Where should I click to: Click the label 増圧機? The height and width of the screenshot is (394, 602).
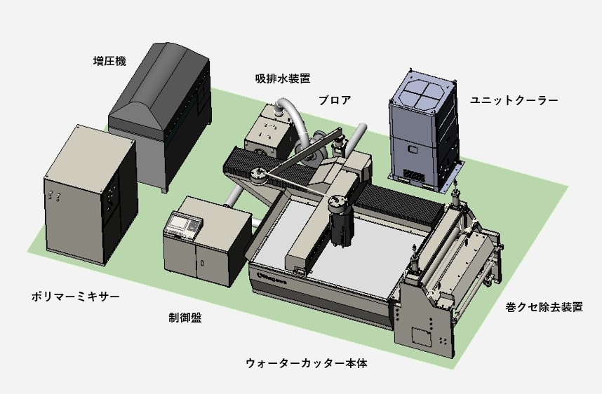[109, 61]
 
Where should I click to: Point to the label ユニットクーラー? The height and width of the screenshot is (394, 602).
[514, 100]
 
